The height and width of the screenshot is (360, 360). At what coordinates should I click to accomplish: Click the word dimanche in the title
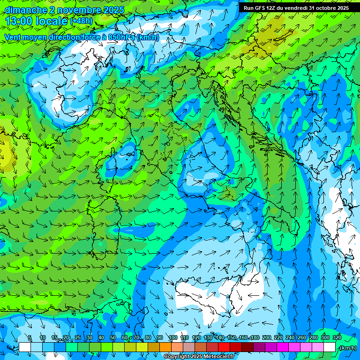(x=26, y=10)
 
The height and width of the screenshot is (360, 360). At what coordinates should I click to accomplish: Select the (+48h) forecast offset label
(x=81, y=21)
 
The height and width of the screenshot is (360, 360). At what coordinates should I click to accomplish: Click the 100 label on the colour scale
(x=173, y=338)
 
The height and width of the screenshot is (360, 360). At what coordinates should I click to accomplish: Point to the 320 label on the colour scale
(x=337, y=338)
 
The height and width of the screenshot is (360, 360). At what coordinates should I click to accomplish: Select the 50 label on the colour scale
(x=113, y=338)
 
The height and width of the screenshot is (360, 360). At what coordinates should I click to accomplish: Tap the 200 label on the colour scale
(x=267, y=338)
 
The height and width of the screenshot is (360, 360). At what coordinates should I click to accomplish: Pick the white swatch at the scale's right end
(x=330, y=347)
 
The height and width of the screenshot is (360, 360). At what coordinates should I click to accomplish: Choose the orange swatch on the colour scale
(x=165, y=347)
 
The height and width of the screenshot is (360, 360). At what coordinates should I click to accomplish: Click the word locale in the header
(x=52, y=21)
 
